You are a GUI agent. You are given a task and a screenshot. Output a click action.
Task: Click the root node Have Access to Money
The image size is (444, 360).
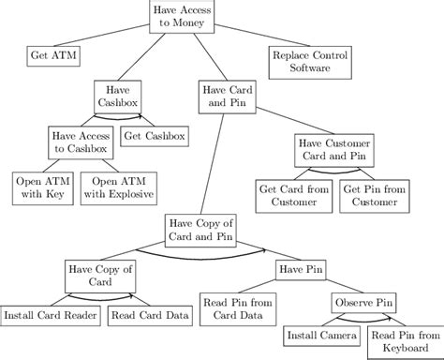[x=183, y=16]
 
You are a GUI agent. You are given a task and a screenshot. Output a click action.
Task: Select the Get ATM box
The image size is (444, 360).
[x=52, y=56]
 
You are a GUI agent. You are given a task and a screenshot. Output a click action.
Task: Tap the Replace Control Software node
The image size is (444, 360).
[x=309, y=62]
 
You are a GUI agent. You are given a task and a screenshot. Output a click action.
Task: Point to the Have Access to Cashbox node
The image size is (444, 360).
[x=81, y=142]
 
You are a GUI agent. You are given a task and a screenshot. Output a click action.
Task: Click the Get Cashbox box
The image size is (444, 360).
[x=154, y=137]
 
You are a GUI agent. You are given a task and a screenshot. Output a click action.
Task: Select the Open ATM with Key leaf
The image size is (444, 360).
[x=39, y=187]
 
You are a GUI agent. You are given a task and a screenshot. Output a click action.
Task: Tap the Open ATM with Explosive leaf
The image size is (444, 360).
[x=117, y=187]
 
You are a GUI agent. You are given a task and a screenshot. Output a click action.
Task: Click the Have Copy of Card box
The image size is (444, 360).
[x=98, y=276]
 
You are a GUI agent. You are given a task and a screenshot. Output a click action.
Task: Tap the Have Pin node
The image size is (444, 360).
[x=300, y=270]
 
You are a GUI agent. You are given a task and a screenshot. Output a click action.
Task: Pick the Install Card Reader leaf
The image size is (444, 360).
[x=50, y=315]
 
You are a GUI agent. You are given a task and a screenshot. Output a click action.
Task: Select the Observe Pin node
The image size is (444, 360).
[x=364, y=303]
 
